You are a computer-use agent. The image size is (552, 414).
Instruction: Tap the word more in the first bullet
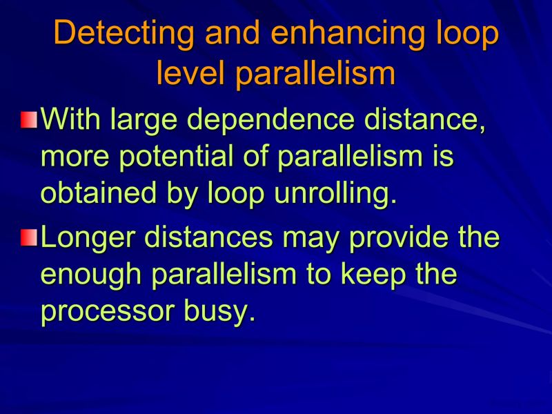pos(71,157)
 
